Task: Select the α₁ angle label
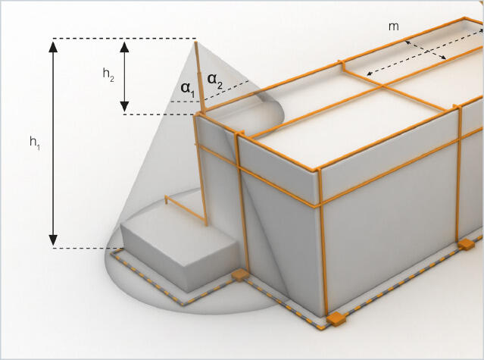point(186,87)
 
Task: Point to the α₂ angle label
point(214,79)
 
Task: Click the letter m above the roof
point(393,27)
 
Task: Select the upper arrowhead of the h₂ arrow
point(126,45)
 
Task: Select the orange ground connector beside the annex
point(239,276)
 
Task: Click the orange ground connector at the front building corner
point(334,317)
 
